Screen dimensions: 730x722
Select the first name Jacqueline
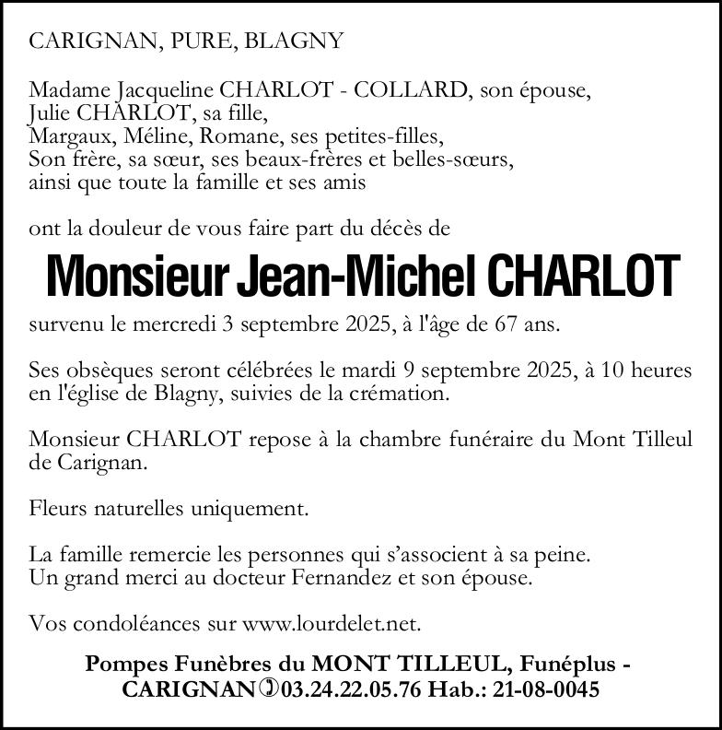click(166, 91)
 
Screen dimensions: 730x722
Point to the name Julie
click(51, 114)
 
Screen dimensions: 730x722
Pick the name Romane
click(246, 137)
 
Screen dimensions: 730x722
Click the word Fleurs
click(55, 509)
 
